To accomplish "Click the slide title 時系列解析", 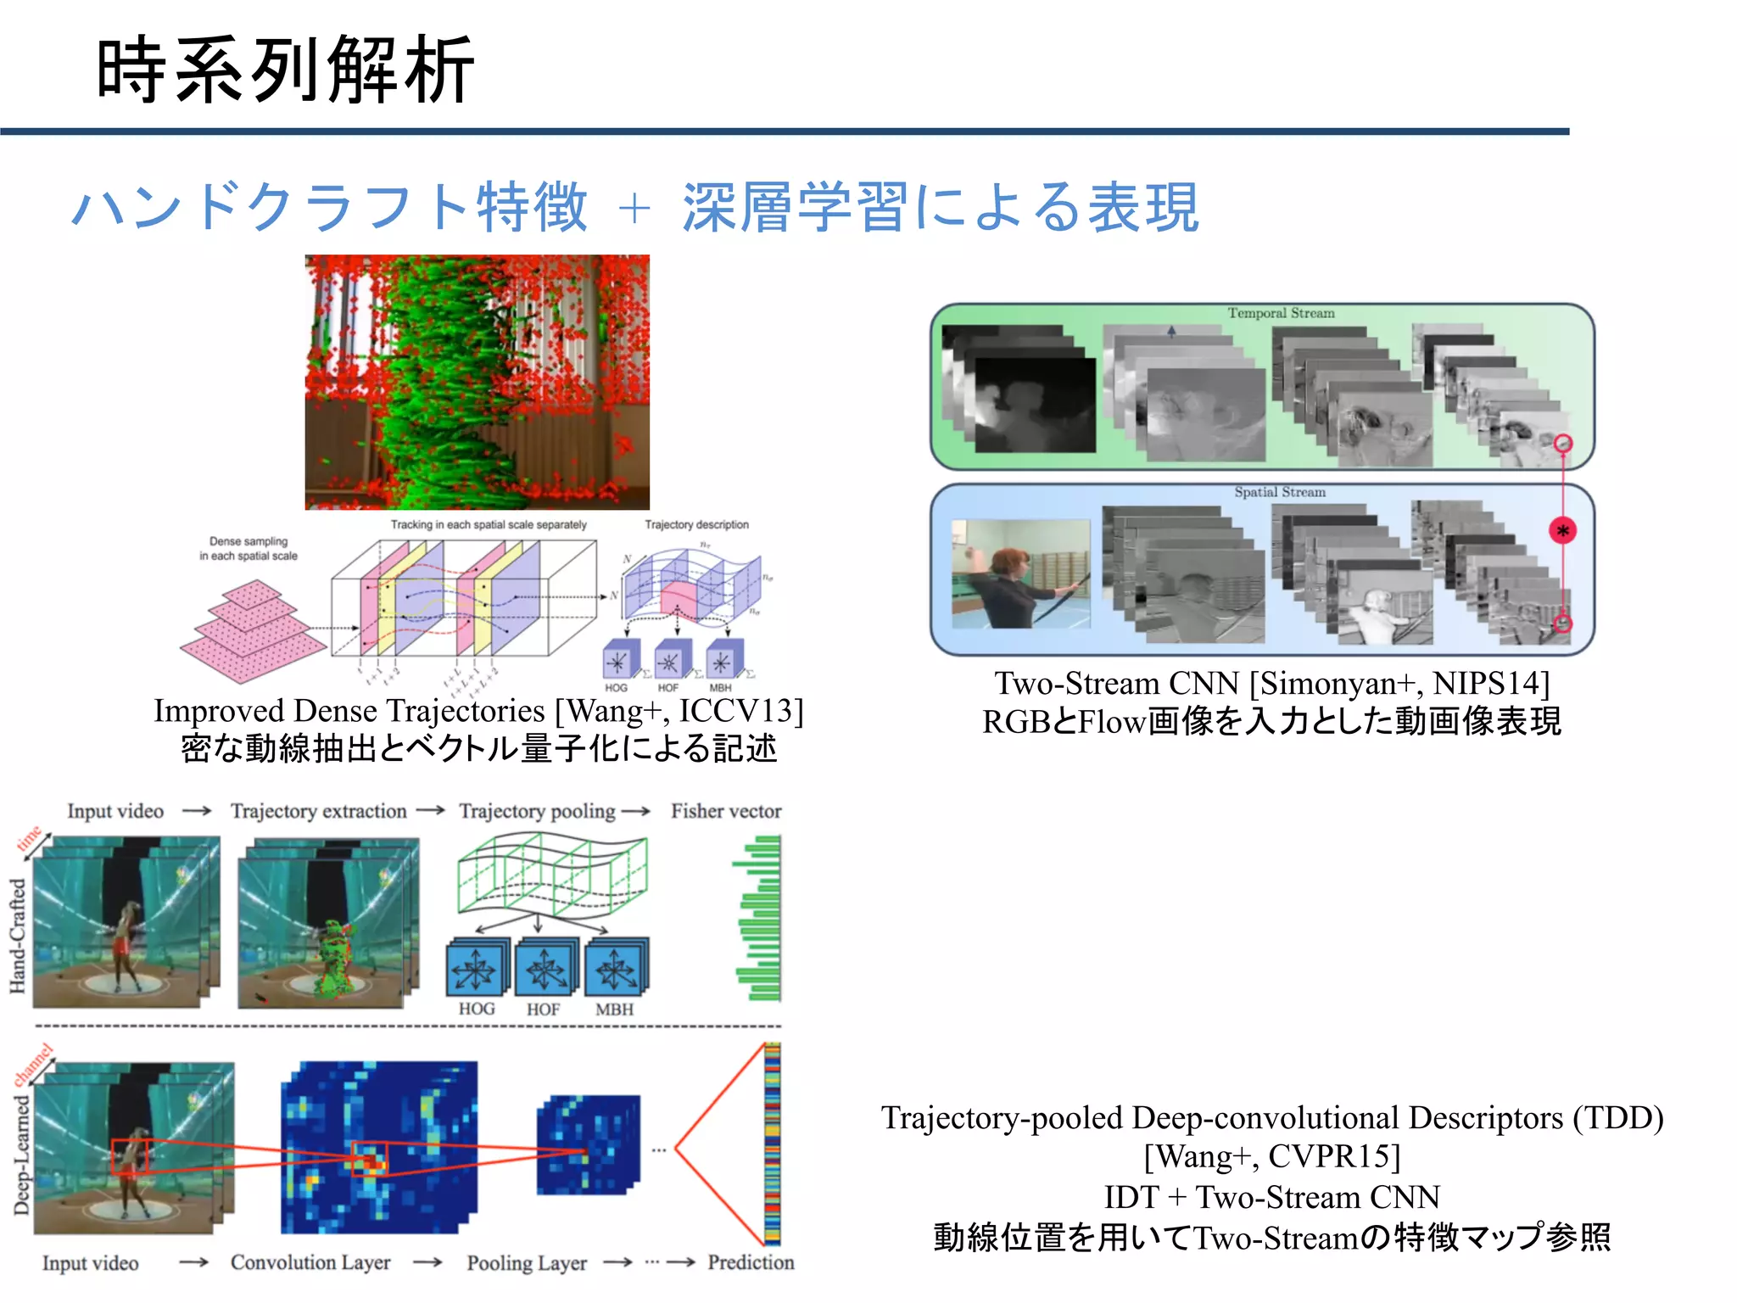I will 285,70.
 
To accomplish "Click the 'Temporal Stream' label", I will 1281,313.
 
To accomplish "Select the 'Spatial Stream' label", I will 1279,492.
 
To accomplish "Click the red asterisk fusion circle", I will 1562,531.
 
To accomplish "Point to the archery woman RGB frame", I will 1020,573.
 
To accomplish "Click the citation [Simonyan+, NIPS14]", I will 1399,683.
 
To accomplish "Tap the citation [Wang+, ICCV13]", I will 679,711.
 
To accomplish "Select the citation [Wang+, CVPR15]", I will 1272,1156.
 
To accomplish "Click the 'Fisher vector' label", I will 726,811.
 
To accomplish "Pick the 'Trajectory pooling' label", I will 537,811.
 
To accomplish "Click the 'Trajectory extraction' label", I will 318,811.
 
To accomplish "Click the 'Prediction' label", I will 751,1262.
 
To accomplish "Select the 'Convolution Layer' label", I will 310,1262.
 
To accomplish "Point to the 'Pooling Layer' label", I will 527,1263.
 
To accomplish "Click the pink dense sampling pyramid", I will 252,632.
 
